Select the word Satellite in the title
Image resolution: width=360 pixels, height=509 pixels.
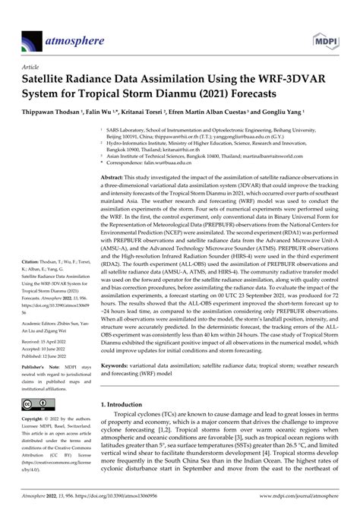coord(49,79)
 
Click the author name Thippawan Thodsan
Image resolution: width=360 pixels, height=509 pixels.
coord(55,111)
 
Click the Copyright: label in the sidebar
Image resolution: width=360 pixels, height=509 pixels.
coord(36,419)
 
